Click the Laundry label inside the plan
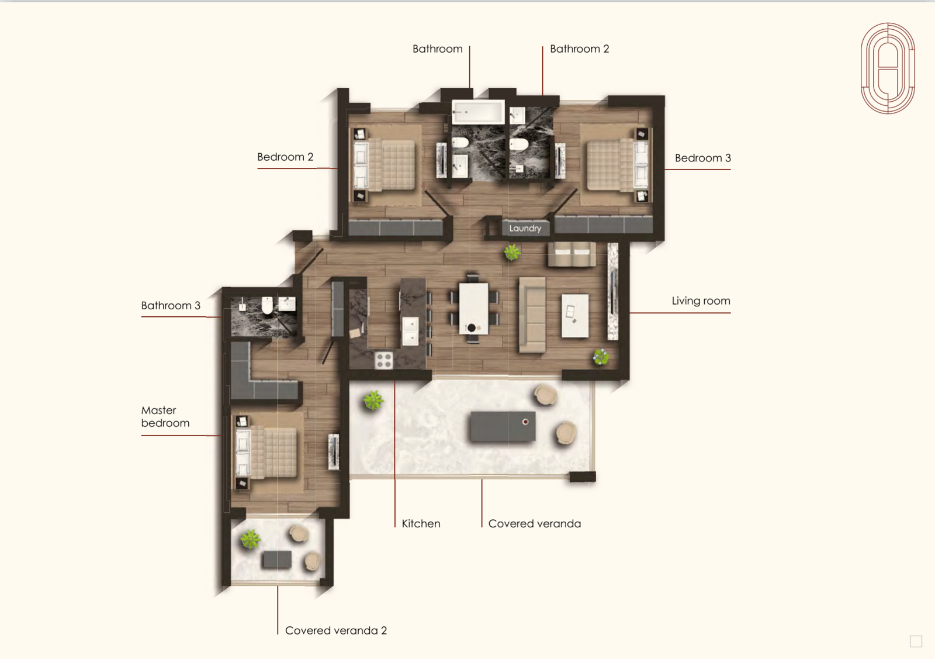[525, 229]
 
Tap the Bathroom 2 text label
[579, 49]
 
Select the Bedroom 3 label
[703, 158]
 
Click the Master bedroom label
[165, 416]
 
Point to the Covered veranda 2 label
[336, 630]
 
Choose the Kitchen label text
[421, 524]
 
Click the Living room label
[701, 301]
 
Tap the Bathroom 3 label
[171, 305]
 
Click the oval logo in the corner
[888, 68]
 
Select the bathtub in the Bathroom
[479, 112]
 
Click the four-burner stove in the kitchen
[383, 360]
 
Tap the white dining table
[474, 308]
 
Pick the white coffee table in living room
[575, 315]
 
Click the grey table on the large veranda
[503, 426]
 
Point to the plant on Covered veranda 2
[251, 539]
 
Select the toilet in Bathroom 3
[267, 305]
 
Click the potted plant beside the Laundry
[512, 252]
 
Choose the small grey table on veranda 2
[277, 560]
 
